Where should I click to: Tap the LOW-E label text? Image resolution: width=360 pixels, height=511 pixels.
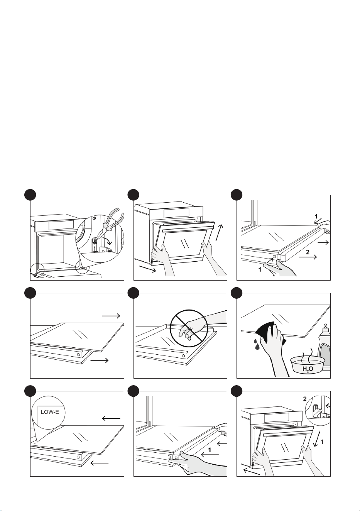click(50, 412)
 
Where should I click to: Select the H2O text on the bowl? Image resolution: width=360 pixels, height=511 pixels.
click(308, 369)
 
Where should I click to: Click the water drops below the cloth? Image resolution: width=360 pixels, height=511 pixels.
click(256, 344)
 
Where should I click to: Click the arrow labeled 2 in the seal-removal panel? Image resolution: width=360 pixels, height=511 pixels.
click(308, 257)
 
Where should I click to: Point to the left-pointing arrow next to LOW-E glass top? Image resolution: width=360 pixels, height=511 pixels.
click(111, 418)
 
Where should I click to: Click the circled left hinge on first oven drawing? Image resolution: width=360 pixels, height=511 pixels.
click(37, 270)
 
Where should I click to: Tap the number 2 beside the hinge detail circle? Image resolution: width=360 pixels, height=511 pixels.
click(305, 399)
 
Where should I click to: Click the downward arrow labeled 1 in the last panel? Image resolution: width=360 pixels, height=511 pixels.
click(317, 438)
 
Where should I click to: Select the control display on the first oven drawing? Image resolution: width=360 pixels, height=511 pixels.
click(61, 225)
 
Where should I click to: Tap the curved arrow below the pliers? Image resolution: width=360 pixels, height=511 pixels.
click(106, 241)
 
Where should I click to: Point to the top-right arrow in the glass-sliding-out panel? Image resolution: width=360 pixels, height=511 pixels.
click(111, 316)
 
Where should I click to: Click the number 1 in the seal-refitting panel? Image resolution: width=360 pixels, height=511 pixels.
click(210, 450)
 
